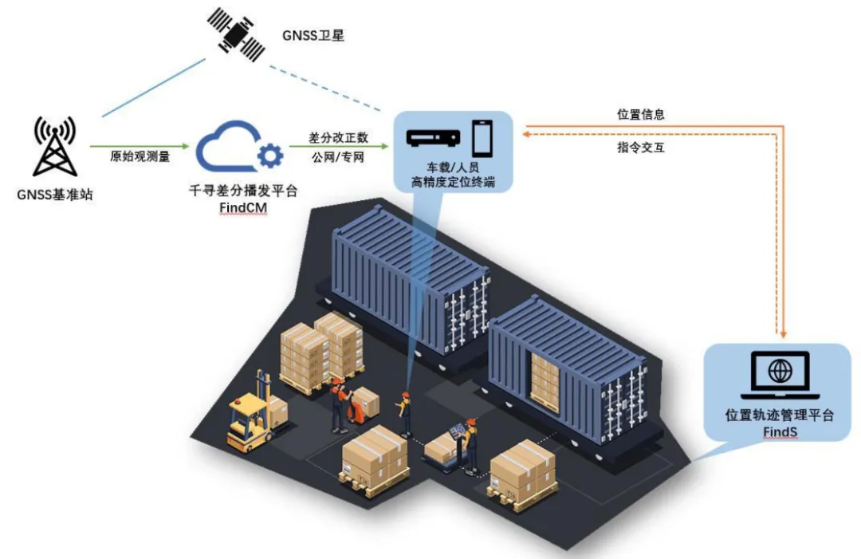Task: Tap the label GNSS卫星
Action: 313,35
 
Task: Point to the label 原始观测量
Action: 140,156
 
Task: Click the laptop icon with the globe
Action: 780,375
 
